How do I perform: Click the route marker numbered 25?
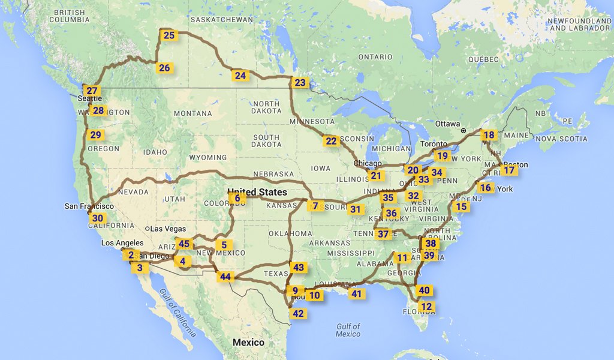click(169, 35)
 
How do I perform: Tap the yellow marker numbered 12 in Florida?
click(426, 307)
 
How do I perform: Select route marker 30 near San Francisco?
click(98, 218)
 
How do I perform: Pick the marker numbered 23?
click(300, 83)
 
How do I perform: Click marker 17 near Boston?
click(509, 170)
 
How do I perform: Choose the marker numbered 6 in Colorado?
click(237, 198)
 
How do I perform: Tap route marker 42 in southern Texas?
click(298, 313)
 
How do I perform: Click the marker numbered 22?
click(331, 141)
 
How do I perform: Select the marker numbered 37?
click(383, 234)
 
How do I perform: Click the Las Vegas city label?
click(167, 229)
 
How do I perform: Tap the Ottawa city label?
click(447, 124)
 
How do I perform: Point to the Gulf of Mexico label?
click(348, 330)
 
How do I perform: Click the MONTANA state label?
click(192, 113)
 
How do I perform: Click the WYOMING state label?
click(207, 157)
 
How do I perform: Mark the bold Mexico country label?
click(248, 343)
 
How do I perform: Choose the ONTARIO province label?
click(375, 57)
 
